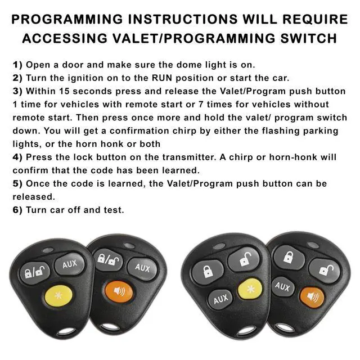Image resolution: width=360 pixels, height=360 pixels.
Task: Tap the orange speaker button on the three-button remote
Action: tap(119, 292)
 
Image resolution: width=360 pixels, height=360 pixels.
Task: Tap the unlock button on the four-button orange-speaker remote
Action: tap(324, 269)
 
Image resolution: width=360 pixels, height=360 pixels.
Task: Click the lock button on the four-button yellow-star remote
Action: tap(207, 271)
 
